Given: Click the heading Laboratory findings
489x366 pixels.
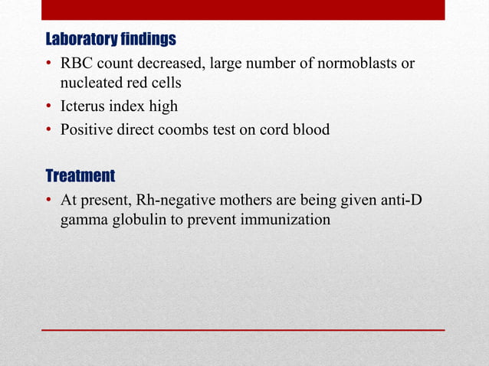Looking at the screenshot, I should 111,39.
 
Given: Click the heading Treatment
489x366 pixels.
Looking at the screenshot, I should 80,177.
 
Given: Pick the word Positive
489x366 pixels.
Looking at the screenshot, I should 86,129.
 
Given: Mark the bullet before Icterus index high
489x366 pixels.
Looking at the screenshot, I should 49,107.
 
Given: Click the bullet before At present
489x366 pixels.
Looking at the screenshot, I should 49,201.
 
